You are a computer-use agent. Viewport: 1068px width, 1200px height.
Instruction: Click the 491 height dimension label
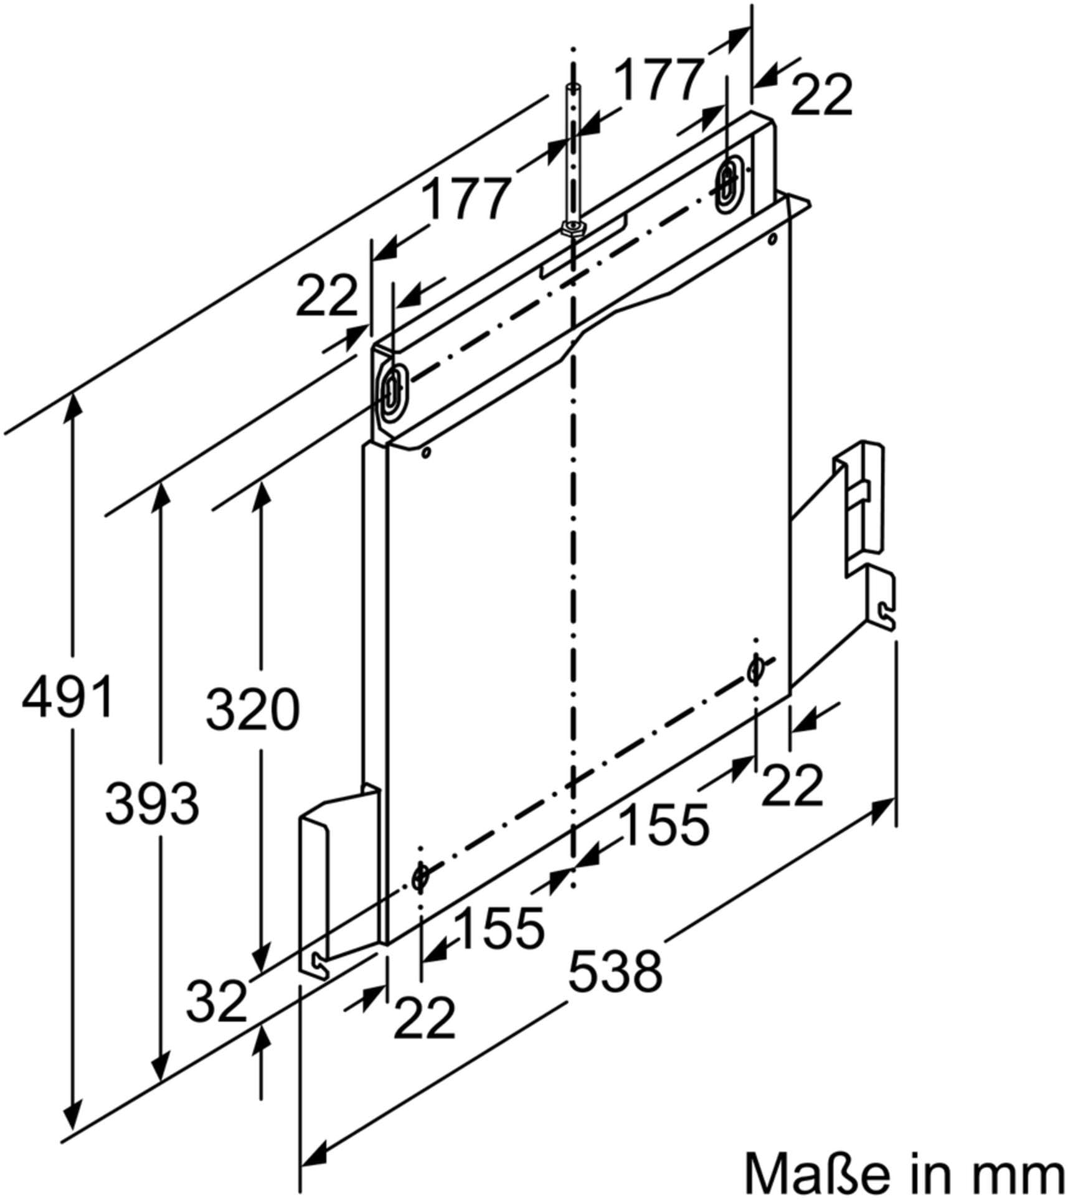click(67, 695)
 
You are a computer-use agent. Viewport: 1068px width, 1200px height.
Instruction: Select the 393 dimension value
click(152, 803)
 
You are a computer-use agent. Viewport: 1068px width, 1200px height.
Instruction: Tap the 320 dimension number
click(253, 709)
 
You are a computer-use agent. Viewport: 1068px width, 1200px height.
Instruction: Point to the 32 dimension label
click(217, 1000)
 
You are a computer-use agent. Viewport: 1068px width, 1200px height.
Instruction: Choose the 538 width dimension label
click(615, 971)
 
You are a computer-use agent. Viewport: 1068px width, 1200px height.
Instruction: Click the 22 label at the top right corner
click(821, 95)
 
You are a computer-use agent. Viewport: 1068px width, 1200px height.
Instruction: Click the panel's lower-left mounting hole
click(420, 876)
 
